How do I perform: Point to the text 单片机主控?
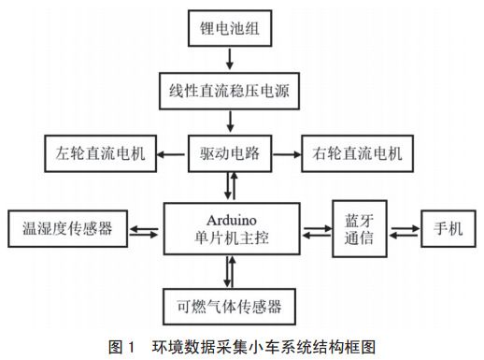[x=230, y=238]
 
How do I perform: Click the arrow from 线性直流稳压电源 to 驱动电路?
[x=230, y=122]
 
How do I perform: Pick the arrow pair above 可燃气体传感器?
[x=230, y=271]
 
